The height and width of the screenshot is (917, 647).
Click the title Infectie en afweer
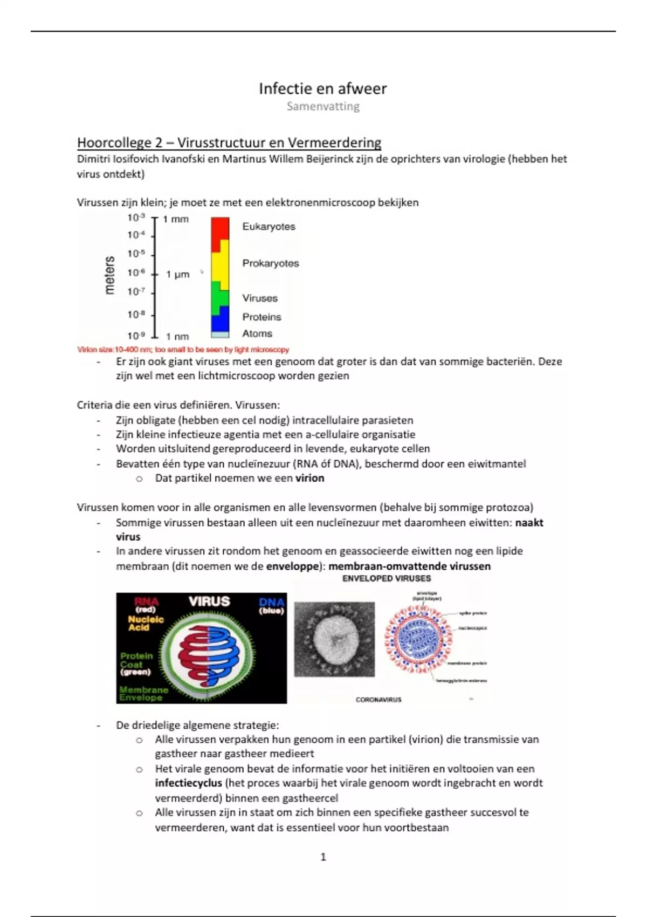(x=322, y=88)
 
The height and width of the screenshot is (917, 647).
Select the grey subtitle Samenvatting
(x=323, y=106)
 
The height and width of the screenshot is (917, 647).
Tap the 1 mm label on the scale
(x=176, y=219)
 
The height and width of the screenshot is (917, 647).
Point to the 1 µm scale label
(x=177, y=274)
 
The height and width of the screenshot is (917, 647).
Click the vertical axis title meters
(x=110, y=275)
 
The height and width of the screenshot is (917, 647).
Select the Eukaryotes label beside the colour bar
(x=269, y=227)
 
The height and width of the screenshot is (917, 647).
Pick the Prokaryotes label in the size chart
(x=270, y=263)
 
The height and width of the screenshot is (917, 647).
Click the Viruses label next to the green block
(x=260, y=298)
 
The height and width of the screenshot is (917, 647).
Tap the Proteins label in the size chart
(x=261, y=317)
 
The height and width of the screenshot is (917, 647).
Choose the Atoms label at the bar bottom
(x=257, y=333)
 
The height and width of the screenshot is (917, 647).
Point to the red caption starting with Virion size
(x=183, y=350)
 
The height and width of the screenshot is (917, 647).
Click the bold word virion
(x=309, y=478)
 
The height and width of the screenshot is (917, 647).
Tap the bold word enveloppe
(x=294, y=566)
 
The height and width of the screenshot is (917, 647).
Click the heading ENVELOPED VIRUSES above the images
(x=387, y=578)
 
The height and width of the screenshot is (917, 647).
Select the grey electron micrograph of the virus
(x=334, y=639)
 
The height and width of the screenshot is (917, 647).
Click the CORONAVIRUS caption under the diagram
(x=378, y=700)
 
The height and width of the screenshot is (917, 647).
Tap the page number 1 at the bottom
(x=323, y=857)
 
